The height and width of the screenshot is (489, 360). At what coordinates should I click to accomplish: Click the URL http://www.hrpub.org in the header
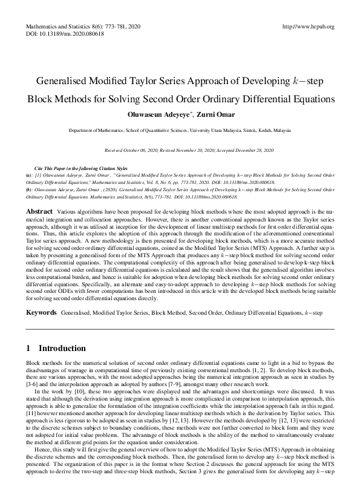click(x=309, y=27)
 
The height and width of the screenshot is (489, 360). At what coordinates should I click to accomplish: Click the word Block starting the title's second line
click(x=39, y=98)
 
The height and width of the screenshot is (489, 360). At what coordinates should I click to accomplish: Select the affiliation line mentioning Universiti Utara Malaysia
click(x=180, y=130)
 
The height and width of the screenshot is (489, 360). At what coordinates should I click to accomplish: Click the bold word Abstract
click(x=39, y=211)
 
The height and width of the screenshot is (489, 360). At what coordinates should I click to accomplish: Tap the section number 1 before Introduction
click(x=28, y=349)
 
